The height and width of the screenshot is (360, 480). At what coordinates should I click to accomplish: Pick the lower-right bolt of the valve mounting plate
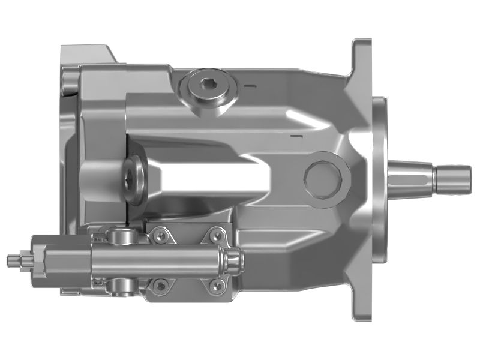coord(215,287)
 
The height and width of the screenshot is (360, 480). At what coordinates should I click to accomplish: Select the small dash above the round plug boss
coord(294,139)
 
